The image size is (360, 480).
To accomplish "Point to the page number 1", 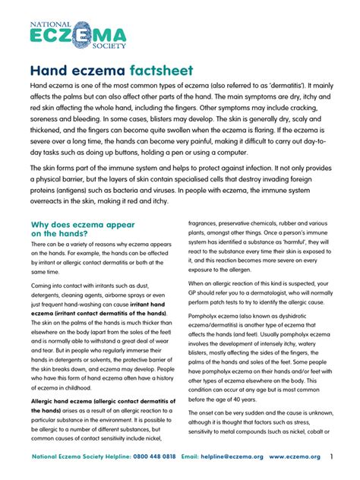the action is [331, 457].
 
